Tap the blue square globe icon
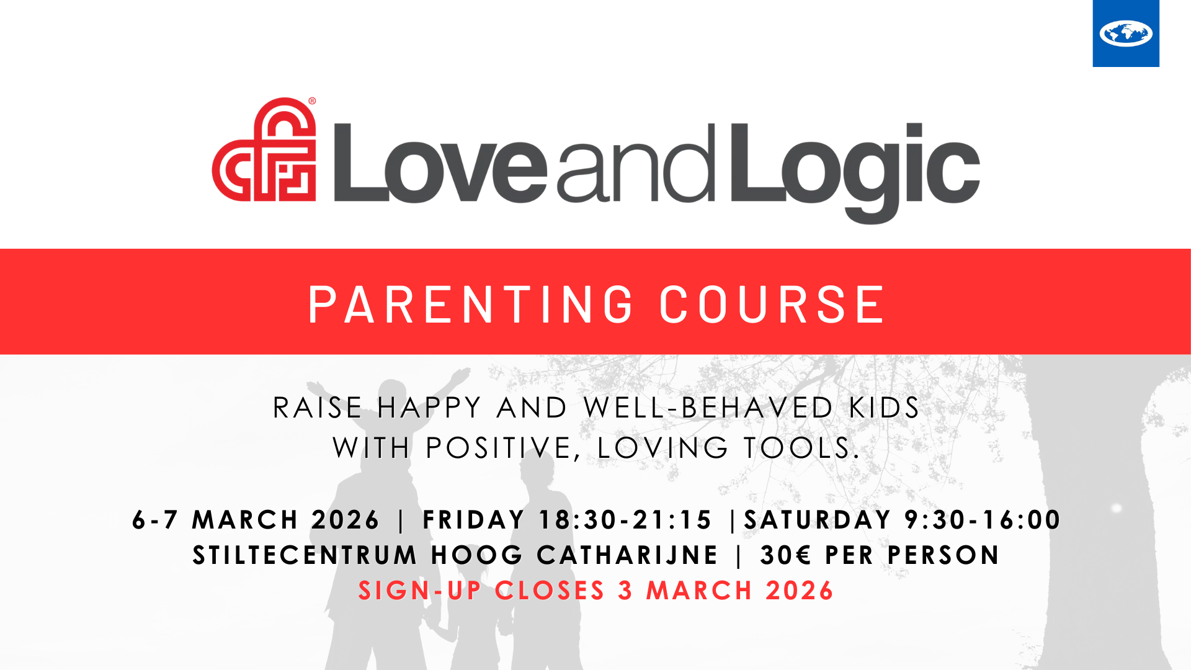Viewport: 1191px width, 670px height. (1126, 33)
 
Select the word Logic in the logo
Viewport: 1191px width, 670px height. (855, 167)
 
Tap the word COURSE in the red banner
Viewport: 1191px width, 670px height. (773, 305)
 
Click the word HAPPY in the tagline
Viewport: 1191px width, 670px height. (429, 408)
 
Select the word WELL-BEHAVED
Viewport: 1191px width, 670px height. (708, 408)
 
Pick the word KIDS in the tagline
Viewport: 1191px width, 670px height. (885, 408)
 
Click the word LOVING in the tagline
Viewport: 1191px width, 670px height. (662, 448)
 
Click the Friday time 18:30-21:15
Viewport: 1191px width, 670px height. (625, 520)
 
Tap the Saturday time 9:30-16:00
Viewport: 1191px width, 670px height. (983, 520)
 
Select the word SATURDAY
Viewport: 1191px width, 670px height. (818, 520)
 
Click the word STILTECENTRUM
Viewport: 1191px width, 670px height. (305, 555)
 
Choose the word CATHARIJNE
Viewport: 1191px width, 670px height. (628, 555)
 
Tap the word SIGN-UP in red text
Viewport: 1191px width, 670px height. (420, 591)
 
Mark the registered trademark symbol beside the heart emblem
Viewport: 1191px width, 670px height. (312, 101)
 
